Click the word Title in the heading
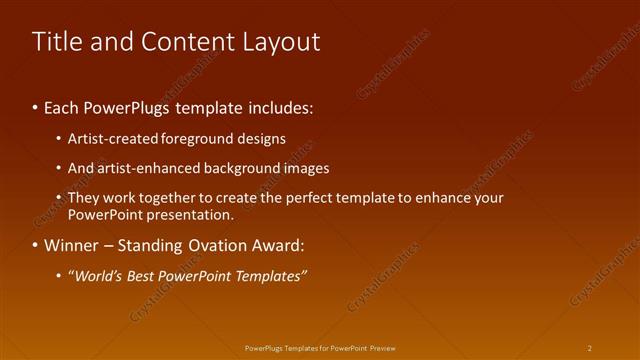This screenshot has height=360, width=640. pyautogui.click(x=58, y=41)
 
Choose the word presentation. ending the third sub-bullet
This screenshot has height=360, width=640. pyautogui.click(x=189, y=214)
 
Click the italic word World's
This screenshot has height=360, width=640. pyautogui.click(x=97, y=276)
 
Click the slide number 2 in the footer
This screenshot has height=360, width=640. pyautogui.click(x=589, y=348)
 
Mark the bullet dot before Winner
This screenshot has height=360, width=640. pyautogui.click(x=36, y=245)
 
